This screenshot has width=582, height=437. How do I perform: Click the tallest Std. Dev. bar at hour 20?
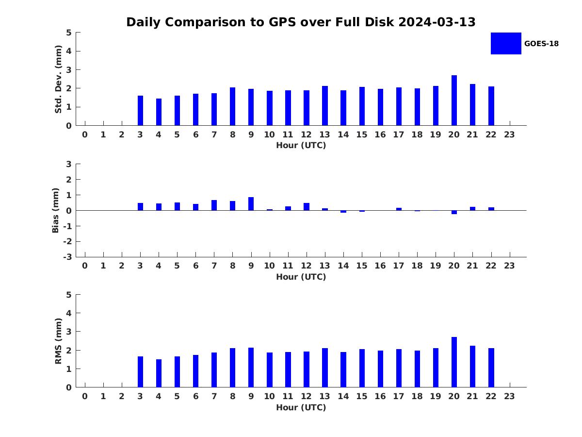tap(454, 101)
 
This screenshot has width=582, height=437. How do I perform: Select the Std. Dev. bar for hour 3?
tap(140, 111)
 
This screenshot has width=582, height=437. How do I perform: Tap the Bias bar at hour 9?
tap(251, 204)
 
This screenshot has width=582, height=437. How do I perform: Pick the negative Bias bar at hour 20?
tap(454, 212)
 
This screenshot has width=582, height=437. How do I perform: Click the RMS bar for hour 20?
tap(454, 362)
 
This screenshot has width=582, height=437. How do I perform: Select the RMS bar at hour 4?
tap(159, 373)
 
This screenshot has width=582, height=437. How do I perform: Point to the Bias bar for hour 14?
tap(343, 212)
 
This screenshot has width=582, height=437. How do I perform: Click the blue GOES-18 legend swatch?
tap(506, 44)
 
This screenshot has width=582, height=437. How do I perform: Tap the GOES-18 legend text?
tap(541, 44)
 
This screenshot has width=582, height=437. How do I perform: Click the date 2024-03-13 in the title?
tap(436, 22)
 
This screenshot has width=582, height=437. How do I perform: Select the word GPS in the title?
tap(282, 22)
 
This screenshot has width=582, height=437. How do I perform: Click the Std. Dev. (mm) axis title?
tap(58, 79)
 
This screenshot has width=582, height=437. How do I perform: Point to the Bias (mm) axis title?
tap(55, 210)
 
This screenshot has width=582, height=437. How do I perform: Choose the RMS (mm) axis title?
tap(58, 341)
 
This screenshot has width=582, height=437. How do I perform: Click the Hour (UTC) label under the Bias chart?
tap(301, 277)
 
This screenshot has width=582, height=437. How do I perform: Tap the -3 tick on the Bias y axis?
tap(67, 257)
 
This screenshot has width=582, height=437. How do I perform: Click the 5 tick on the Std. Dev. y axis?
tap(69, 33)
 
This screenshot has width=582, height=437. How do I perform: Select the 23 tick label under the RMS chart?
tap(509, 396)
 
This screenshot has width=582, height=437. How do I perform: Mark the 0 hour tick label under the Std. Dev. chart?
tap(85, 134)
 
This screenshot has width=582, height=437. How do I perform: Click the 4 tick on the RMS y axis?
tap(69, 313)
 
